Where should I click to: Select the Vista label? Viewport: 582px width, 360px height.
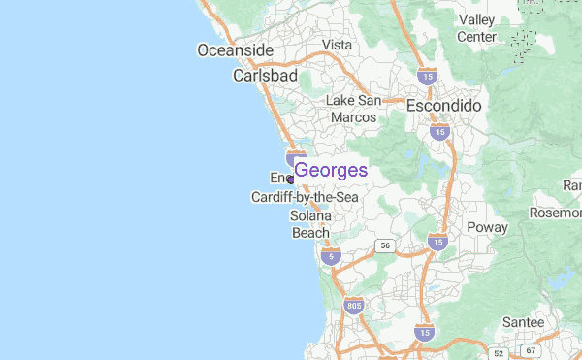point(337,45)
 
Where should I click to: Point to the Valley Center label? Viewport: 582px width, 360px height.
point(476,28)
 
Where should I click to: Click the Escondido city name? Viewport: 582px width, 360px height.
point(444,105)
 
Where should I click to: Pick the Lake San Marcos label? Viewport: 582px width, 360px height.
point(353,109)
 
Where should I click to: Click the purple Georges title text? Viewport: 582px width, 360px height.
point(331,170)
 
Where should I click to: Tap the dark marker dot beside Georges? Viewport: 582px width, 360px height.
point(290,180)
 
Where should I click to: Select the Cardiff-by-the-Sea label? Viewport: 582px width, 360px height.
point(305,197)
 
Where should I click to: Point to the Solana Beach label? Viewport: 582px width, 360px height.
point(311,224)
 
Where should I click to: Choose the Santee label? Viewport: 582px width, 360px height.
point(524,322)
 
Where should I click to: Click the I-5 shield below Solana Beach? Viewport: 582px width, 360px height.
point(333,256)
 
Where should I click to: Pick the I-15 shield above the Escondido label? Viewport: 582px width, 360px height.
point(426,75)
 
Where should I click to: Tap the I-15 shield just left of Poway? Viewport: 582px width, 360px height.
point(437,241)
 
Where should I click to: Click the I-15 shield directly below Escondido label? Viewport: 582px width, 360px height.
point(440,131)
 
